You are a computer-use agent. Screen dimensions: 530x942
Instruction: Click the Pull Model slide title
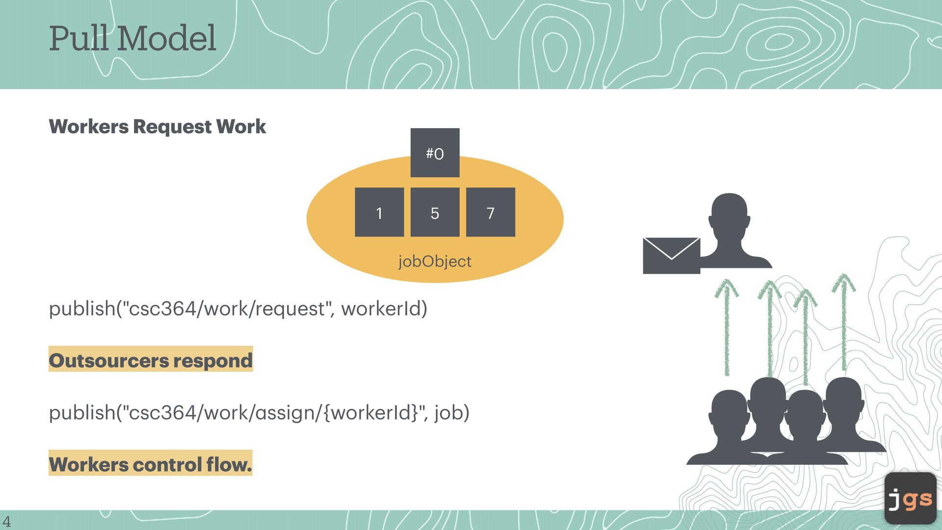coord(132,38)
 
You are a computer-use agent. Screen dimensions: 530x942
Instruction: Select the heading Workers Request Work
coord(157,127)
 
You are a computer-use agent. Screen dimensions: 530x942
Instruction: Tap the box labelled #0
coord(435,153)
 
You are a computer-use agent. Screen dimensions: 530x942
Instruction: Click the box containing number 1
coord(379,212)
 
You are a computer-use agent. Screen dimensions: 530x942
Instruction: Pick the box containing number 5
coord(435,212)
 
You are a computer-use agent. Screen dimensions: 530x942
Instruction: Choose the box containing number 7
coord(490,212)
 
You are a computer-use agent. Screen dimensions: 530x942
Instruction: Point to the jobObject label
coord(435,261)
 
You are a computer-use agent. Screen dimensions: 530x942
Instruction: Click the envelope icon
coord(671,255)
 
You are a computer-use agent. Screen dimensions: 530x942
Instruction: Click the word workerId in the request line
coord(384,309)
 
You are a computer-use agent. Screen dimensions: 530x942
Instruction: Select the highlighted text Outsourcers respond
coord(151,361)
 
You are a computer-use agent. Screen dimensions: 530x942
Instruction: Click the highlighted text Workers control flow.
coord(150,464)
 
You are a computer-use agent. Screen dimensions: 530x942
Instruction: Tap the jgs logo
coord(910,499)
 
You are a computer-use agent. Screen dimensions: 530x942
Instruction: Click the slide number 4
coord(6,521)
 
